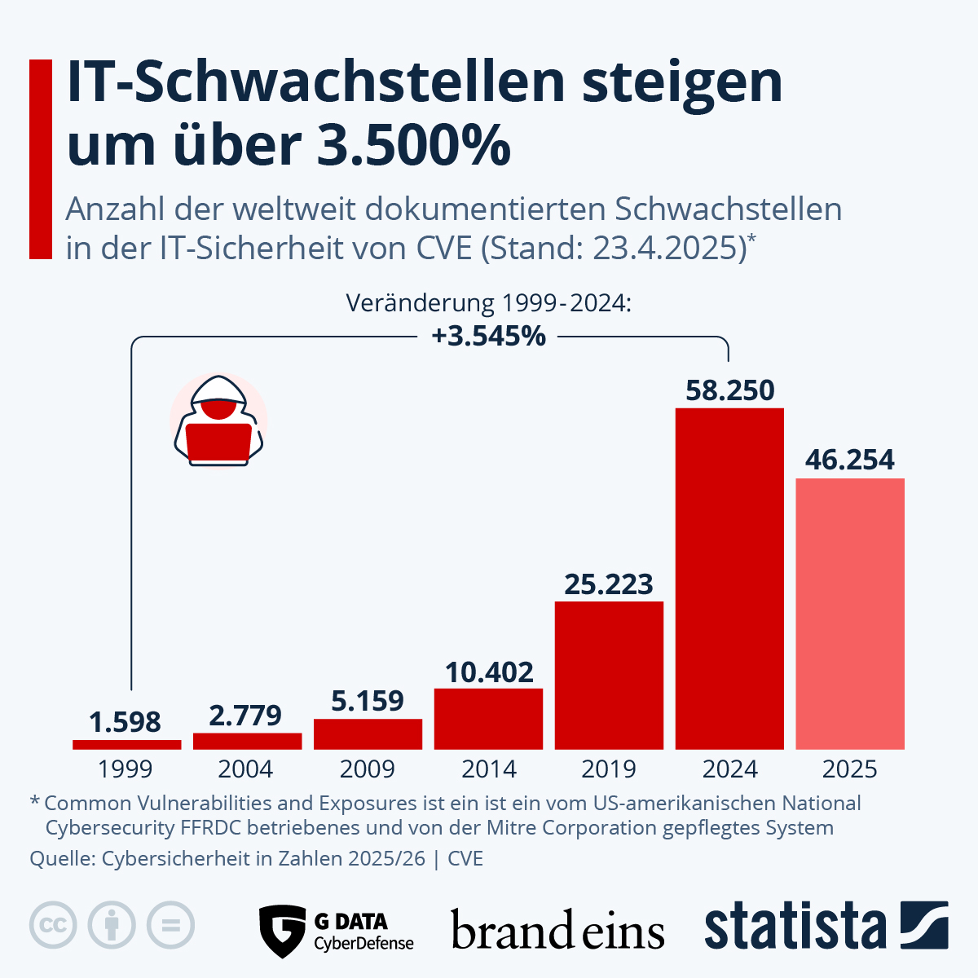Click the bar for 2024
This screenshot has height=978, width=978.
click(x=729, y=578)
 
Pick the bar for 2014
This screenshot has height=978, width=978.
click(x=488, y=718)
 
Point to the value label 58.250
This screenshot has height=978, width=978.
click(x=729, y=390)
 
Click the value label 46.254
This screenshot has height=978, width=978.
click(x=850, y=460)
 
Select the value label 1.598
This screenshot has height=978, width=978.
click(x=126, y=722)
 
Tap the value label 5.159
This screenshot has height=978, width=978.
click(x=368, y=701)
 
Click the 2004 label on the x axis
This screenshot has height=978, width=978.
click(x=246, y=769)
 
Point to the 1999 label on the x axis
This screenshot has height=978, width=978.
click(x=126, y=769)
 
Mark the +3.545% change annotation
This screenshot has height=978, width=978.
click(x=489, y=336)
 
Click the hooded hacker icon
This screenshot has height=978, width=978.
click(x=218, y=421)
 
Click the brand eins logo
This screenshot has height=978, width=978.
click(x=557, y=931)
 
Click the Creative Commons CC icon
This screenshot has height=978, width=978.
click(x=53, y=925)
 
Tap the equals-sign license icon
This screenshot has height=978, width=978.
click(x=170, y=925)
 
